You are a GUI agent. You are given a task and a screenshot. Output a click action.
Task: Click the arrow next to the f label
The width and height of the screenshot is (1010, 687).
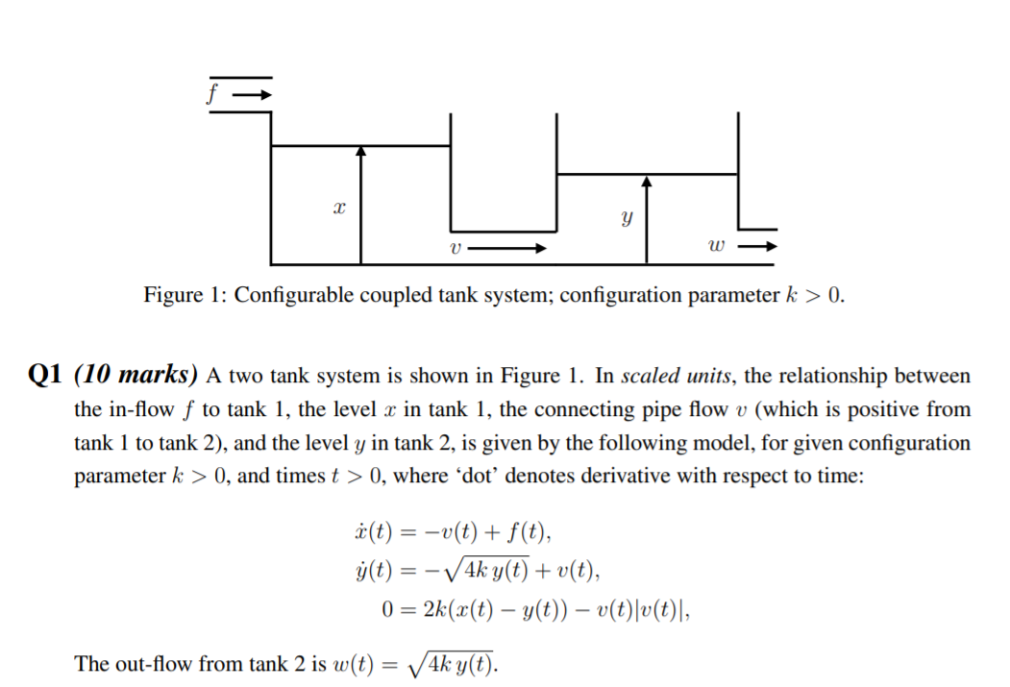tap(254, 95)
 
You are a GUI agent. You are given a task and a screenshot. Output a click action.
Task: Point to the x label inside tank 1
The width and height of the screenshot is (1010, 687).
tap(338, 207)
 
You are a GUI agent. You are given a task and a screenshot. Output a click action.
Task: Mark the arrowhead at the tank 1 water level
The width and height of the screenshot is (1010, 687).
tap(361, 151)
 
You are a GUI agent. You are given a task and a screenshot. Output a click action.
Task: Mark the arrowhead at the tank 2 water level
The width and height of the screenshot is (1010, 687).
tap(647, 180)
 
